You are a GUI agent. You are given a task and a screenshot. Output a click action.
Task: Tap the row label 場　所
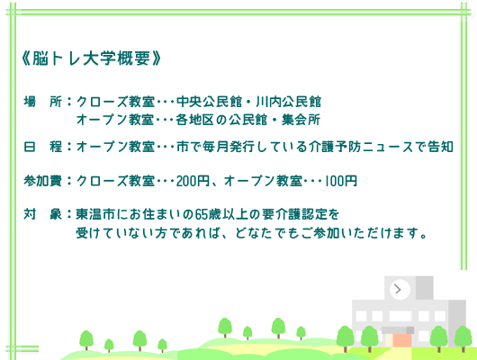coord(42,102)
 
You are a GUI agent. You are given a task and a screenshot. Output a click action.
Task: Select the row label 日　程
coord(42,146)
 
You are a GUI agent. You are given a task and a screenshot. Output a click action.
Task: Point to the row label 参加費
coord(42,181)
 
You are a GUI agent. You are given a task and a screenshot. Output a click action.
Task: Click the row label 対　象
coord(42,216)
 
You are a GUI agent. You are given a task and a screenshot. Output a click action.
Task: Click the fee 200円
coord(193,181)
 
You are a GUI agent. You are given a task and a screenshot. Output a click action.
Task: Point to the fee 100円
coord(341,181)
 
